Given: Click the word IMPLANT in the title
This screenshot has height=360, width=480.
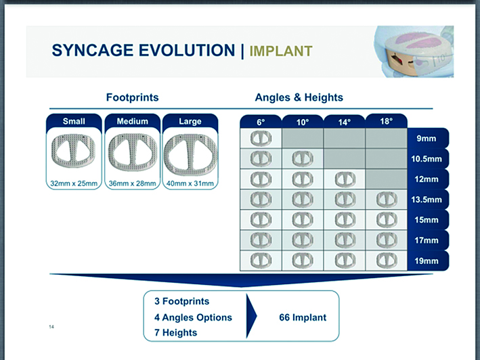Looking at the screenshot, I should click(281, 51).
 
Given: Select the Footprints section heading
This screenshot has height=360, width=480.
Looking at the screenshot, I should click(132, 97).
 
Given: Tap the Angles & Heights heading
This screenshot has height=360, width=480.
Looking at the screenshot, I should click(299, 97).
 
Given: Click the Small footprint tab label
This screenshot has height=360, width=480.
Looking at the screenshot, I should click(74, 122).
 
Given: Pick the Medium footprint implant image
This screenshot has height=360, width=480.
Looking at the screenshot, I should click(132, 154).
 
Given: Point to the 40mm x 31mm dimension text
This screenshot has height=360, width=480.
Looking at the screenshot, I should click(190, 183).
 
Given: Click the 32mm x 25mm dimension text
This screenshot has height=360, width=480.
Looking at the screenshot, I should click(74, 183).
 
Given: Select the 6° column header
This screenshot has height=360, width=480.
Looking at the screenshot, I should click(261, 122).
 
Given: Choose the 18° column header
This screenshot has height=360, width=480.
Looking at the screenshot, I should click(386, 121).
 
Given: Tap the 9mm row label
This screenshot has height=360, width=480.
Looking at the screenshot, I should click(428, 139).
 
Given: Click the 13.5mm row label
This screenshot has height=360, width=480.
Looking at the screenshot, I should click(428, 200).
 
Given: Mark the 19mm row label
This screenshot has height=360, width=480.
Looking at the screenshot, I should click(428, 261).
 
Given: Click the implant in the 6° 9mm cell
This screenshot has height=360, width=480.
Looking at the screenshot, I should click(261, 139).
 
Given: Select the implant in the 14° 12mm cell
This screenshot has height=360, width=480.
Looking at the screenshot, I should click(345, 179).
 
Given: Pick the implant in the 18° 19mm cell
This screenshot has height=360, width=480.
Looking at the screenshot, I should click(386, 261).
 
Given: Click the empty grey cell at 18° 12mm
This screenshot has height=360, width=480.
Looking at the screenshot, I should click(386, 179).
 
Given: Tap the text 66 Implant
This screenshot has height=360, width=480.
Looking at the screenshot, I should click(303, 317).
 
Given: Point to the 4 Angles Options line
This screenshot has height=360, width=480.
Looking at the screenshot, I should click(192, 317).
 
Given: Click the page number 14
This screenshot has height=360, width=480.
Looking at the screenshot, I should click(51, 328).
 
